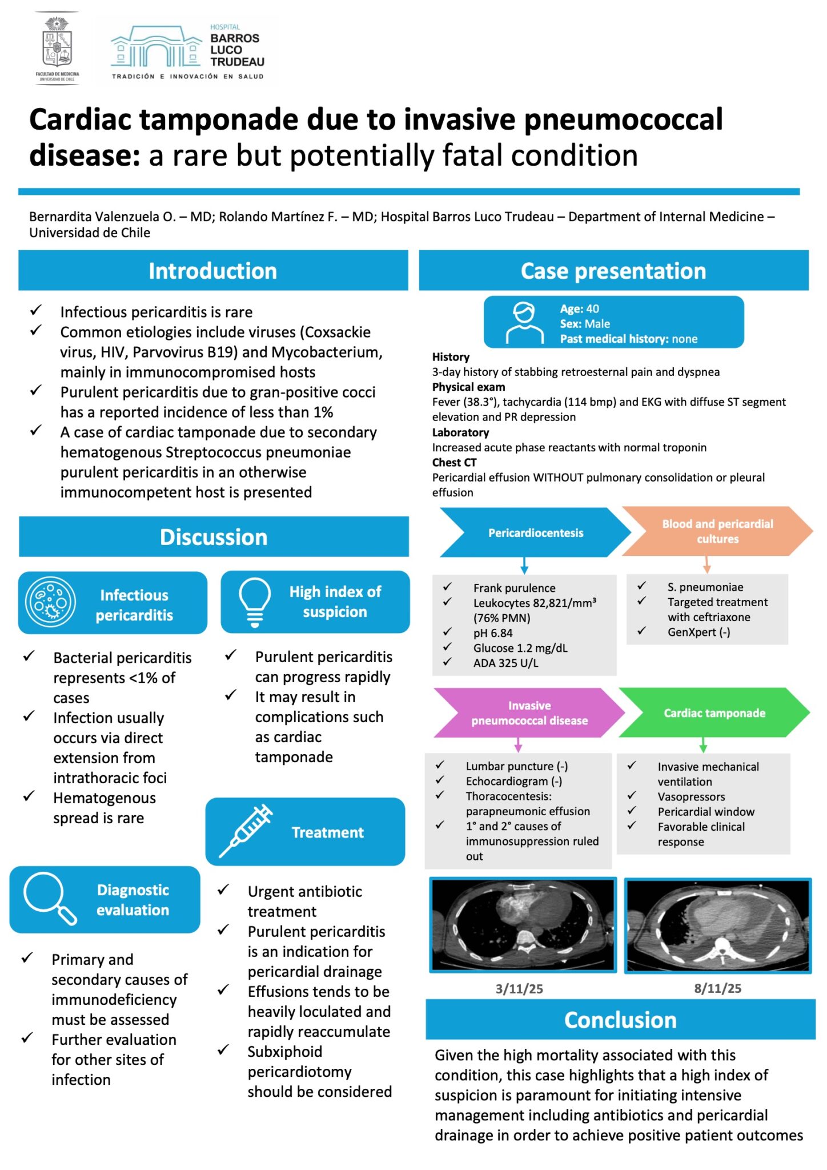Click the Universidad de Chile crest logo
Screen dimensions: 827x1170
[x=57, y=48]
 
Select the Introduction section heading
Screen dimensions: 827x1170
[x=213, y=271]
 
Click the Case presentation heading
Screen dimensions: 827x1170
[x=614, y=271]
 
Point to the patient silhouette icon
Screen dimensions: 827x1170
[x=525, y=323]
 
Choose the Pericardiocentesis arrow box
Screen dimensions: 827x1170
[x=536, y=532]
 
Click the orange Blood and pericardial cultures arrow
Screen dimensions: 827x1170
[x=718, y=531]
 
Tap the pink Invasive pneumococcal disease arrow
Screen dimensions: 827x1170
[x=529, y=713]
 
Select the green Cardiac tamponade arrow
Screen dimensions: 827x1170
[x=714, y=713]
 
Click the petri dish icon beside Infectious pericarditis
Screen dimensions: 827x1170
[x=50, y=602]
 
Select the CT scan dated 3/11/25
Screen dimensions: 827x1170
[x=523, y=925]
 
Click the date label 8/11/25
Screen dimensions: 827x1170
[x=718, y=988]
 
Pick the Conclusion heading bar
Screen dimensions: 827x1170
[x=620, y=1020]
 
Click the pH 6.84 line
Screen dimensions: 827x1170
[x=493, y=633]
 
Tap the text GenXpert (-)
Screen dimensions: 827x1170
[x=699, y=632]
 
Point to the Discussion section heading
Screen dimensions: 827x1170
[x=214, y=537]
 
